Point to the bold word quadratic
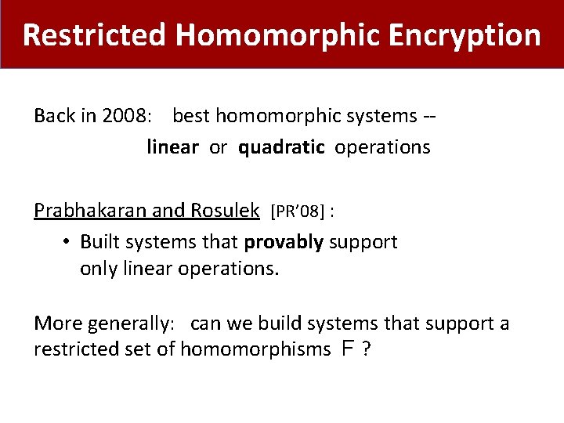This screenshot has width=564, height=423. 281,147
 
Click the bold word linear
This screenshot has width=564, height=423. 172,147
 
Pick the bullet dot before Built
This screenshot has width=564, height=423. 67,242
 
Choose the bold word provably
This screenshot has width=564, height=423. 284,242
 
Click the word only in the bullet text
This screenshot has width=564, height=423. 96,269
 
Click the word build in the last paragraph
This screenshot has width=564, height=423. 280,323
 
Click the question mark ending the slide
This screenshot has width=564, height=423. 366,349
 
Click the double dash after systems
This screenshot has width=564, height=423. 429,117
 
